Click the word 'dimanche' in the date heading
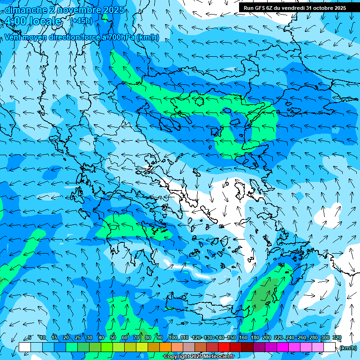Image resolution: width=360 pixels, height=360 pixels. (25, 10)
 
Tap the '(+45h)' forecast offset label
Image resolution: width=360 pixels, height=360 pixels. (81, 21)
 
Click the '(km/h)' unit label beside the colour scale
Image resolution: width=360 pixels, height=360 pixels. (348, 348)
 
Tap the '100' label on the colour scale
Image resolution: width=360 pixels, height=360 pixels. (173, 338)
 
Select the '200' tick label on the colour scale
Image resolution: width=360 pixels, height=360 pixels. (267, 338)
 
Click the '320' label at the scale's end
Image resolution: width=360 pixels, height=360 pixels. (337, 338)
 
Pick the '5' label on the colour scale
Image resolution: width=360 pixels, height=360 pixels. (30, 338)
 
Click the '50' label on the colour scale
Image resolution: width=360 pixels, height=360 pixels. (113, 338)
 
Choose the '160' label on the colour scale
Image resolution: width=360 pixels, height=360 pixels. (243, 338)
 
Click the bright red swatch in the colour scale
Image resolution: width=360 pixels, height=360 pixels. (224, 347)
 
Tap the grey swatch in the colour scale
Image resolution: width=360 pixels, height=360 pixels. (189, 347)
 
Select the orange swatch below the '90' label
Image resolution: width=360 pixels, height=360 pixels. (165, 347)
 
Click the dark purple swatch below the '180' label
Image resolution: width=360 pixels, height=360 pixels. (259, 347)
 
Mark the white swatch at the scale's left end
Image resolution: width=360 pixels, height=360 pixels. (25, 347)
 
